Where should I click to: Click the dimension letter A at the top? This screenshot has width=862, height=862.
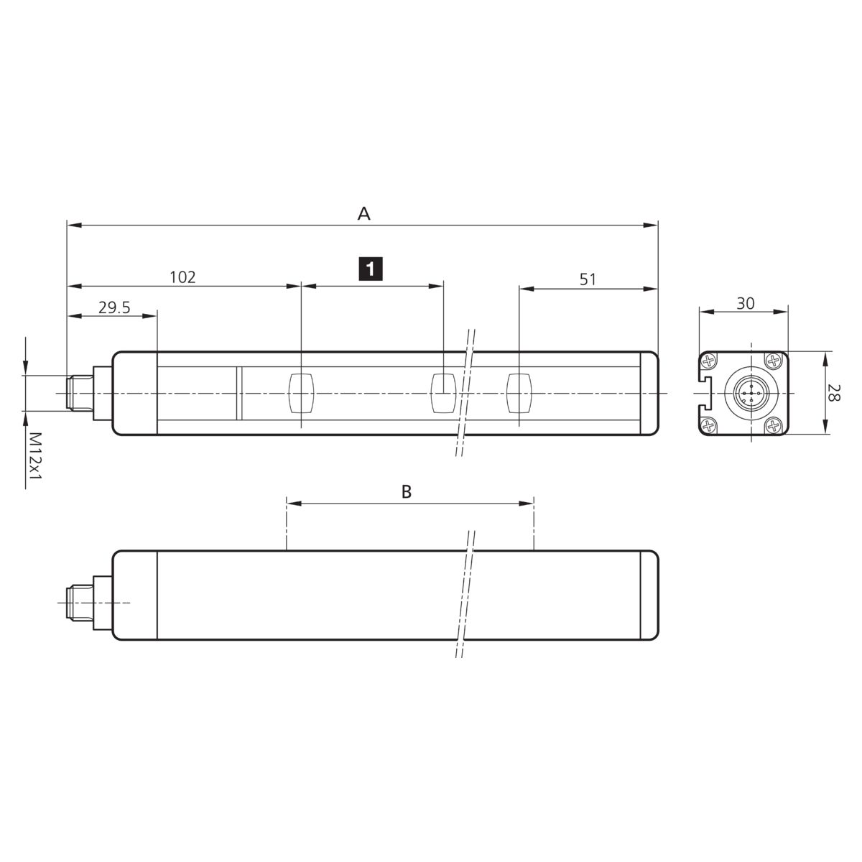coord(363,214)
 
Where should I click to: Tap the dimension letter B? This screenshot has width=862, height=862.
coord(406,491)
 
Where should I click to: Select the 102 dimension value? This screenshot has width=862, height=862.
coord(182,277)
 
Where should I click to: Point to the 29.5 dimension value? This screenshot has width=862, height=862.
coord(114,307)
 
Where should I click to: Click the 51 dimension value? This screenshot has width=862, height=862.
coord(588,279)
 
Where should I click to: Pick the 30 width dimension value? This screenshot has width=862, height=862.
coord(745,303)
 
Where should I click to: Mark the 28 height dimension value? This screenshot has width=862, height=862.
coord(833,392)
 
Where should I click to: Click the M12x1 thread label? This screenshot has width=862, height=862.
coord(35,455)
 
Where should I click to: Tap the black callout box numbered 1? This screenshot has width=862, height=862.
coord(371,269)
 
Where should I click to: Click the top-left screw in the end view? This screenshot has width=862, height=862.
coord(708,361)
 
